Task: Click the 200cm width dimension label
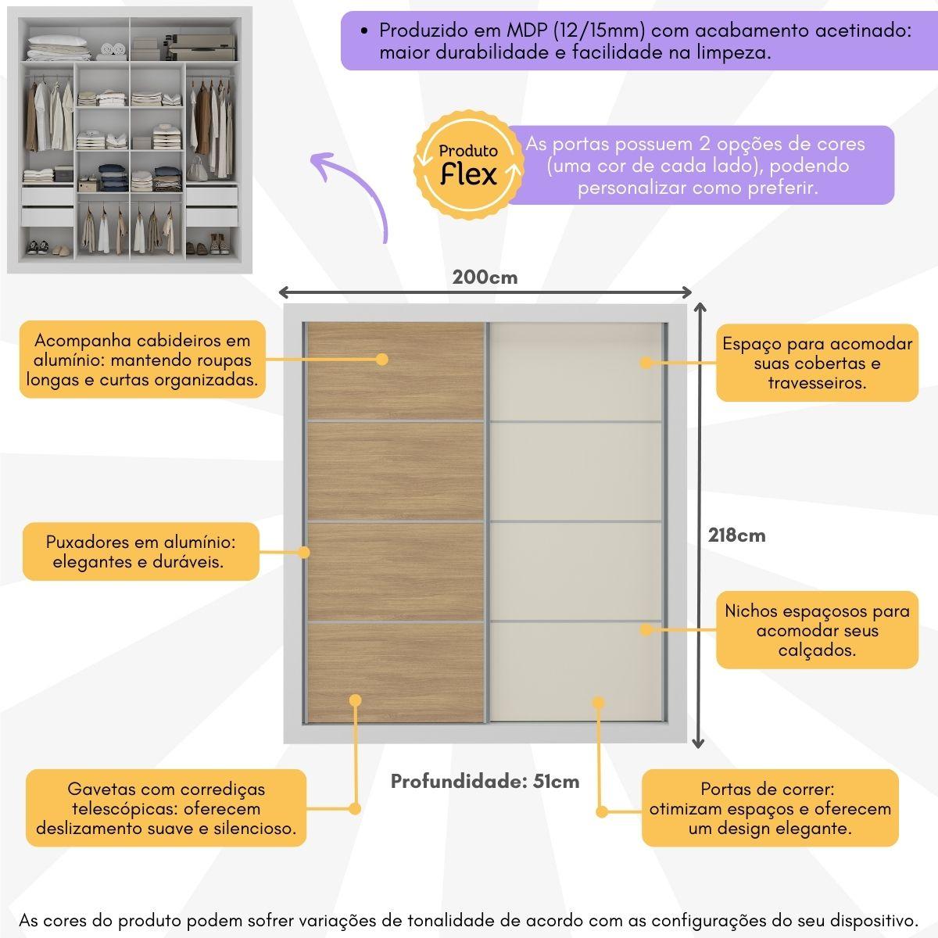click(x=485, y=277)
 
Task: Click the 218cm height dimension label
click(x=736, y=535)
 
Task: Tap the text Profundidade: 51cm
click(x=485, y=782)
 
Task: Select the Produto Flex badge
click(x=467, y=165)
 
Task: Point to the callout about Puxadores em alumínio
click(x=141, y=551)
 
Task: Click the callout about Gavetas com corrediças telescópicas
click(x=166, y=808)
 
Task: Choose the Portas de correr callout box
click(x=769, y=808)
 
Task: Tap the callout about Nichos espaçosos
click(x=817, y=630)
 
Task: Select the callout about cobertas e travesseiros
click(x=817, y=363)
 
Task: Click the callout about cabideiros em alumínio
click(x=142, y=360)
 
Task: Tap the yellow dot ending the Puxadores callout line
click(x=304, y=552)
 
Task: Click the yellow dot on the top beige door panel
click(x=646, y=363)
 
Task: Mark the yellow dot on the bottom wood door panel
click(x=356, y=700)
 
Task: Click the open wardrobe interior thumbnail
click(x=130, y=141)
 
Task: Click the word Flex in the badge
click(x=468, y=174)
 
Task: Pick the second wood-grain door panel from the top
click(x=395, y=471)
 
